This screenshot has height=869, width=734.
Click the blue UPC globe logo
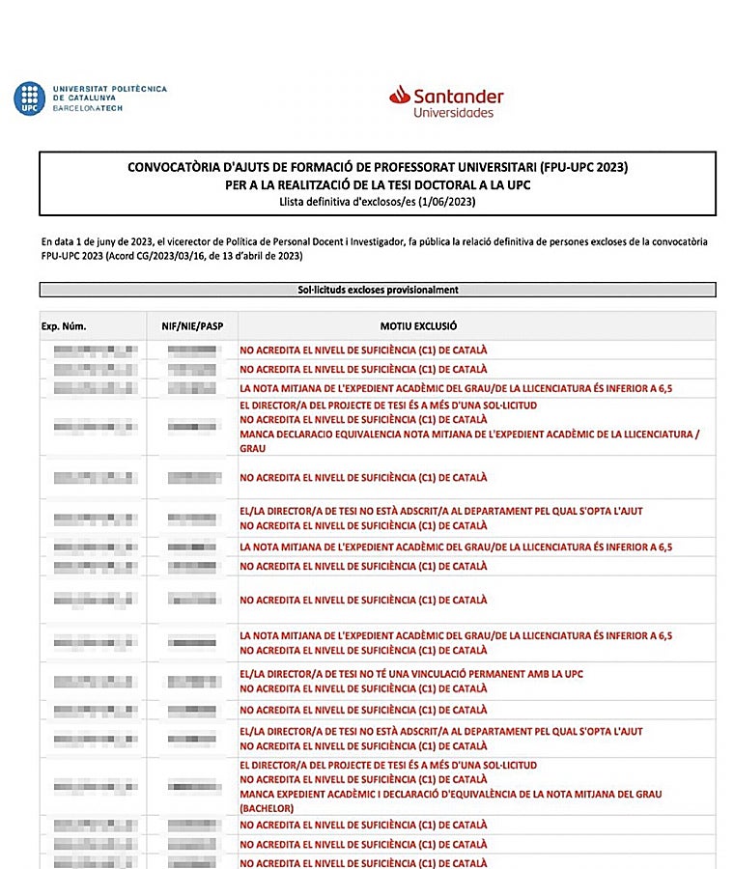click(29, 98)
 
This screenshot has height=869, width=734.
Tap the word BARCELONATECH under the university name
click(88, 108)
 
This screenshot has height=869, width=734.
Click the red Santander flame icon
click(399, 95)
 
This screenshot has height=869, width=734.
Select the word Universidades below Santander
click(453, 113)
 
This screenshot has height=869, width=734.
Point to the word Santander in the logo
click(458, 96)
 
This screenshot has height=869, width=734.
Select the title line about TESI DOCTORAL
click(378, 184)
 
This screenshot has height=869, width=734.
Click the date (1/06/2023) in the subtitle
click(447, 202)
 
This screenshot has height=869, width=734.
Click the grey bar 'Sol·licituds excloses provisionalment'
click(378, 290)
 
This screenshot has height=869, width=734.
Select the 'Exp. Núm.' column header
click(64, 326)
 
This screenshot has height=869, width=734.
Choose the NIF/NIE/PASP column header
click(191, 326)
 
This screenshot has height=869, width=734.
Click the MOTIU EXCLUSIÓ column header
click(418, 326)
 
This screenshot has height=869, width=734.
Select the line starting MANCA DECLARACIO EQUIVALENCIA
click(468, 434)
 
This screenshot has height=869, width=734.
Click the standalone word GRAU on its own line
click(253, 449)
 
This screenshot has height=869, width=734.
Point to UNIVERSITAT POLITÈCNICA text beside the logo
click(110, 89)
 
